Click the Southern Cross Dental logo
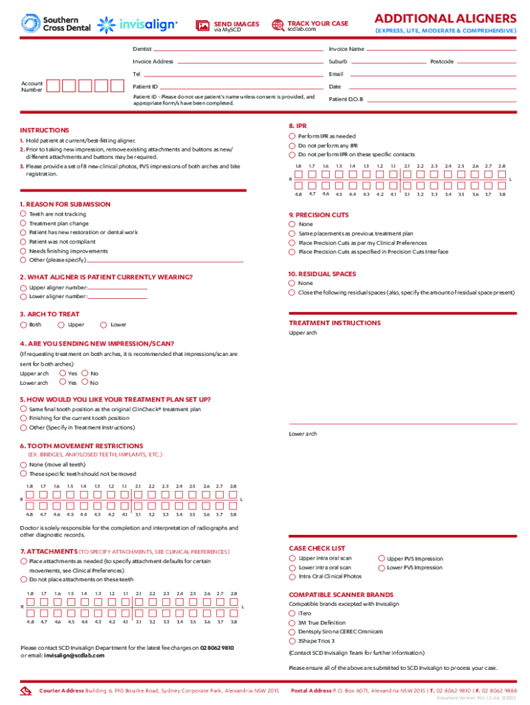[x=50, y=24]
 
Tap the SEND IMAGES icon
[x=202, y=26]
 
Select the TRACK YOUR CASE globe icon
[x=278, y=25]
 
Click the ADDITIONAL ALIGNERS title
[x=445, y=18]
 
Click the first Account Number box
[x=52, y=86]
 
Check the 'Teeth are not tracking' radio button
[x=24, y=214]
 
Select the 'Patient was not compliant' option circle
[x=24, y=242]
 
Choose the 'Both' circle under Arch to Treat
[x=24, y=324]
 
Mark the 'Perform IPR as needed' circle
[x=293, y=136]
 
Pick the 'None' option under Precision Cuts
[x=293, y=224]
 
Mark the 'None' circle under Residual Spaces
[x=293, y=283]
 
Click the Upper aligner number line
[x=117, y=287]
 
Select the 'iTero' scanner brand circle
[x=292, y=613]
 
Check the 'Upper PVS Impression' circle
[x=381, y=558]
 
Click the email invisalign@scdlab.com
[x=74, y=655]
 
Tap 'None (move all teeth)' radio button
[x=24, y=465]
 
